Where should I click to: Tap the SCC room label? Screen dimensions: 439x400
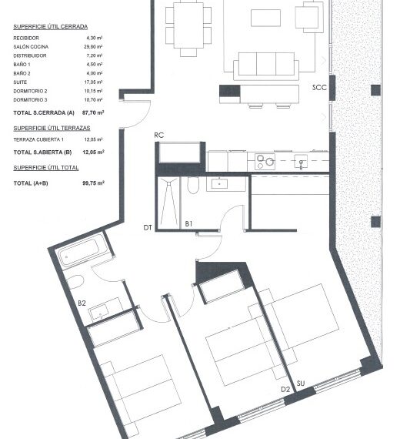(319, 88)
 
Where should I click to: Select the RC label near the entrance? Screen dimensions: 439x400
(159, 135)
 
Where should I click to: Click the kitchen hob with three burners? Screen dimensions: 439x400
(265, 162)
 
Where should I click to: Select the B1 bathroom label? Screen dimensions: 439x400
(188, 223)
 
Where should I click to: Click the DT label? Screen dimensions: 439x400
(147, 228)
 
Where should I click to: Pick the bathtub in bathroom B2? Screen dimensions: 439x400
(81, 252)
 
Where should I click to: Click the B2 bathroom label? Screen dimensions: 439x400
(82, 303)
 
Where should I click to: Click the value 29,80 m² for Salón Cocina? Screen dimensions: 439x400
(95, 46)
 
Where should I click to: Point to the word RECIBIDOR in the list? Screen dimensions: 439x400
(26, 37)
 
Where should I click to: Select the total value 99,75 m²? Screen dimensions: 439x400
(93, 183)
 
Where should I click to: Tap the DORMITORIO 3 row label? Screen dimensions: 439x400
(31, 100)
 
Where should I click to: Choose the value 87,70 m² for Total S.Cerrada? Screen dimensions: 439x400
(93, 112)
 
